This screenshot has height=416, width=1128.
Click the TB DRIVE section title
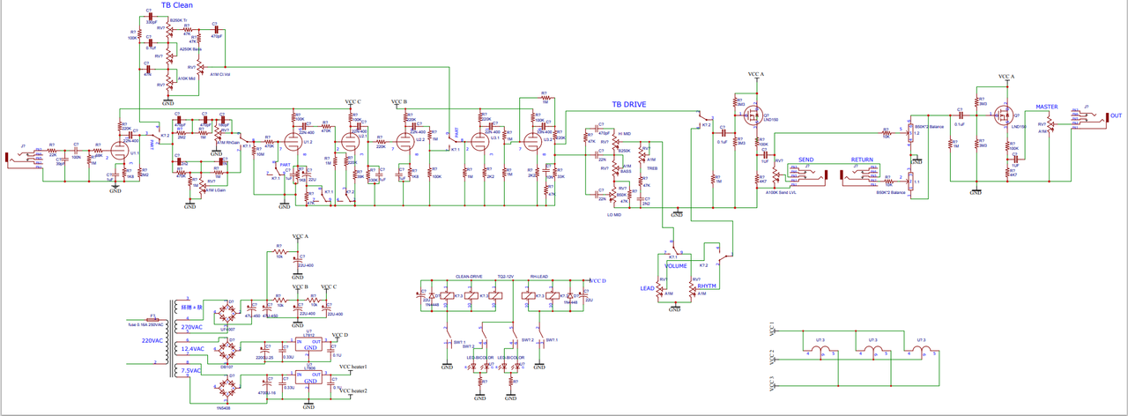pyautogui.click(x=629, y=105)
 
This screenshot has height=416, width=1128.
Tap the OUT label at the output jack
pyautogui.click(x=1117, y=115)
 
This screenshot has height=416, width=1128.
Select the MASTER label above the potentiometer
pyautogui.click(x=1047, y=107)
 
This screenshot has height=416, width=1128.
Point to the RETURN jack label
pyautogui.click(x=863, y=160)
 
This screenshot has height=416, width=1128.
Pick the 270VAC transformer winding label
pyautogui.click(x=192, y=327)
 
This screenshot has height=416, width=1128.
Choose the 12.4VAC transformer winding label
pyautogui.click(x=193, y=348)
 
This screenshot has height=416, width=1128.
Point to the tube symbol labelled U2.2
pyautogui.click(x=406, y=139)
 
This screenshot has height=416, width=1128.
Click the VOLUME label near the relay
pyautogui.click(x=676, y=265)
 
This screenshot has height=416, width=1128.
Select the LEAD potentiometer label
pyautogui.click(x=647, y=287)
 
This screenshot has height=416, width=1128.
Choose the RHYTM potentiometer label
pyautogui.click(x=707, y=286)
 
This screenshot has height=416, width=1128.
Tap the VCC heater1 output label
pyautogui.click(x=352, y=367)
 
